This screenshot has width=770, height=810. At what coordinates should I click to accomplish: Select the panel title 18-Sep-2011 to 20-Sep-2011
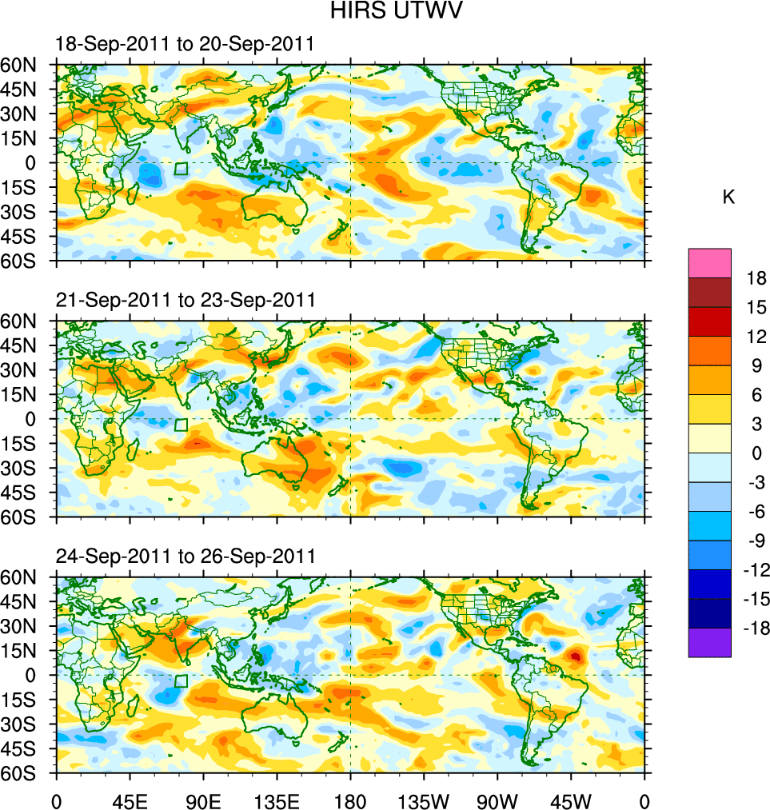coord(185,44)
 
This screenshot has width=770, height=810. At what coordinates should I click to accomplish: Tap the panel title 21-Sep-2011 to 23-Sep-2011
coord(185,300)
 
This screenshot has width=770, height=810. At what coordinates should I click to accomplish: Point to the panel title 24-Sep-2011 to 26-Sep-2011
coord(185,556)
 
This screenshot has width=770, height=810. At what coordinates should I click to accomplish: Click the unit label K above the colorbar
coord(728,198)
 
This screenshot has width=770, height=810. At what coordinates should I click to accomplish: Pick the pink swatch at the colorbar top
coord(709,262)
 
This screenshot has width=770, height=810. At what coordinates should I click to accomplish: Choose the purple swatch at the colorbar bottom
coord(709,643)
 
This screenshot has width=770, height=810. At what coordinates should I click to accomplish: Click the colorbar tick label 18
coord(756,278)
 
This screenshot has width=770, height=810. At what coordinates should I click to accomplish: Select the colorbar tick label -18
coord(753,628)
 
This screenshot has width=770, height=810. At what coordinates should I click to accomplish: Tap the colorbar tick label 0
coord(756,453)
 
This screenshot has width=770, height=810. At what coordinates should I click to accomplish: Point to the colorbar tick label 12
coord(756,337)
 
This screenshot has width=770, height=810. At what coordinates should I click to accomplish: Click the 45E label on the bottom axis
coord(130,800)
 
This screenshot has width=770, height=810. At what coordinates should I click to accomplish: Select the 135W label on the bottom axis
coord(424,800)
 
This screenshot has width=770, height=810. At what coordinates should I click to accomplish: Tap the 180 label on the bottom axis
coord(350,800)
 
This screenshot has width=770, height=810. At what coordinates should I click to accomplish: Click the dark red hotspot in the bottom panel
coord(575,656)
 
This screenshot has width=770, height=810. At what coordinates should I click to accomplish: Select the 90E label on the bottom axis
coord(203,800)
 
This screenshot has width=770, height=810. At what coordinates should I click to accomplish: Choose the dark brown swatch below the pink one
coord(709,292)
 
